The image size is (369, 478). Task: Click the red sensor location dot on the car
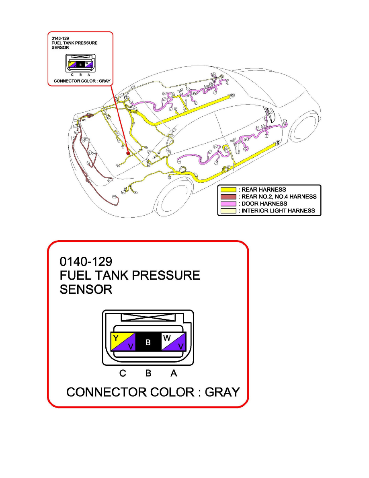pos(128,153)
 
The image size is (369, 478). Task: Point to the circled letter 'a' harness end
pos(232,95)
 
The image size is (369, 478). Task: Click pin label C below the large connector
pos(123,373)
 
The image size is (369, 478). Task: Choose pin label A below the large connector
pos(174,373)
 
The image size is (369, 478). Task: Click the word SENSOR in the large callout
pos(86,289)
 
